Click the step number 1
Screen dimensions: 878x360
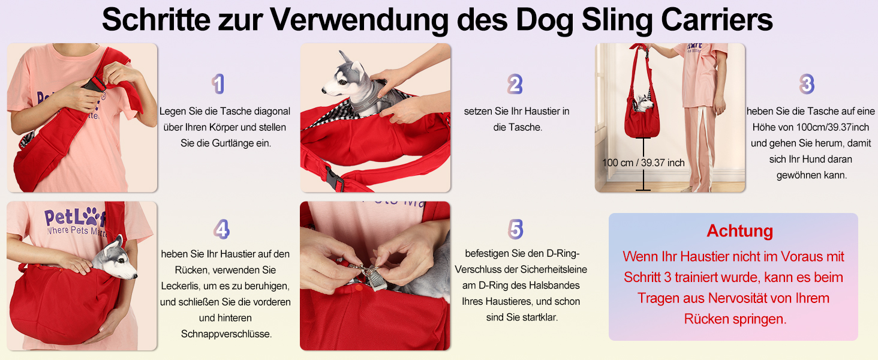coord(218,84)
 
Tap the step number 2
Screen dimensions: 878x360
coord(515,84)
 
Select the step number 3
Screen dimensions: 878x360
coord(807,84)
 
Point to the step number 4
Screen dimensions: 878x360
coord(221,229)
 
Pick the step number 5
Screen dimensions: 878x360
coord(515,229)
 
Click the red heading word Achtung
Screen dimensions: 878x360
coord(739,230)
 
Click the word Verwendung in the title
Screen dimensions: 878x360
coord(359,20)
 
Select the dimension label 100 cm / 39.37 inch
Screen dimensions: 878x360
coord(644,163)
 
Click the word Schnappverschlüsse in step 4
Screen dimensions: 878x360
coord(226,334)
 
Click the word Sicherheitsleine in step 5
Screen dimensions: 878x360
coord(554,269)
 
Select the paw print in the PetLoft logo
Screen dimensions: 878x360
coord(92,215)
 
